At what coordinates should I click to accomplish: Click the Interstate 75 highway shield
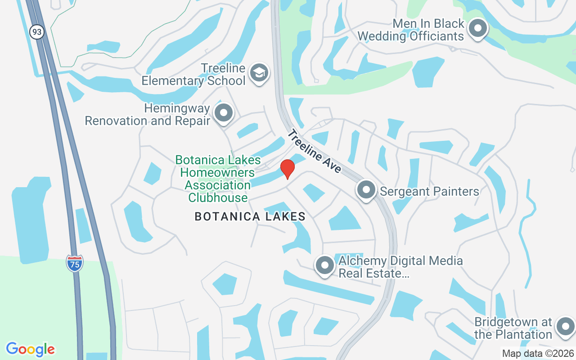75,263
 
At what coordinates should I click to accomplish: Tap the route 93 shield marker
37,32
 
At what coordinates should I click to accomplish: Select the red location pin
288,169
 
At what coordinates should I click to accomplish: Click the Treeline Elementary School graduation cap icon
259,73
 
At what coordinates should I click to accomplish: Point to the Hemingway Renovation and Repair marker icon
224,113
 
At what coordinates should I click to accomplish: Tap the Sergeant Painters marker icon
367,190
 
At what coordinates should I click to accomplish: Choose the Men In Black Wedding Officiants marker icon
477,29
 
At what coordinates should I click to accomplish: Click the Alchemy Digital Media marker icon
324,265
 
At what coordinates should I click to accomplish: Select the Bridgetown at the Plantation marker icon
565,327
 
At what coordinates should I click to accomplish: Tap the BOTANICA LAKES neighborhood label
250,217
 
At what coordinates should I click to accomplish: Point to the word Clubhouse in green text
218,198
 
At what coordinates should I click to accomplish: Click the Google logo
31,349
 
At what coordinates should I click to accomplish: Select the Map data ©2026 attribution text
538,354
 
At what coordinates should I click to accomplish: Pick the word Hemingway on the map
177,108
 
